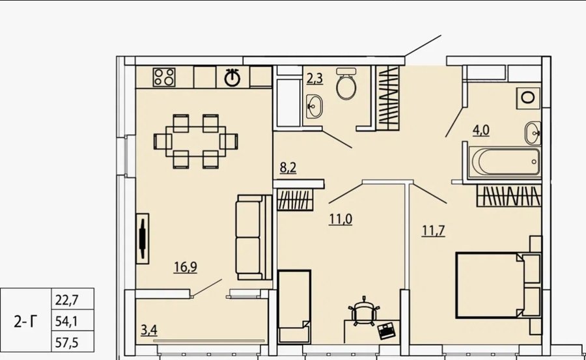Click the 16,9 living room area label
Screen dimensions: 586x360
point(186,267)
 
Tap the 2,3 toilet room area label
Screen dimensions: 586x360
point(314,79)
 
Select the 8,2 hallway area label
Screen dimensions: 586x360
point(288,168)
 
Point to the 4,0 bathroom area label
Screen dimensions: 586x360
point(481,130)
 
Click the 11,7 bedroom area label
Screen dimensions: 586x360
point(434,230)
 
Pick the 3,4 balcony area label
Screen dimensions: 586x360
point(149,330)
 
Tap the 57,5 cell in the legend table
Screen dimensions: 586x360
point(67,342)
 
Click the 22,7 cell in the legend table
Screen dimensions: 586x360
point(67,299)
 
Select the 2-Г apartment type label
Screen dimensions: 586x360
point(26,321)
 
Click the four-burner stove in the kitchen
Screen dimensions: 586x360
point(164,77)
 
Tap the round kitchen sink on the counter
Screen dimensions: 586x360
point(232,77)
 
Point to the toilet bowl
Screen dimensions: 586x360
point(346,83)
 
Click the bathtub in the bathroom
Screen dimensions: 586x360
point(504,162)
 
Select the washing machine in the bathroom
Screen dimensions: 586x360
point(528,98)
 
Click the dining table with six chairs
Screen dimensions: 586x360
point(195,141)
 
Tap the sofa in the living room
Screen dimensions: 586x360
point(254,237)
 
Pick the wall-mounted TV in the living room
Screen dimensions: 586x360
point(143,238)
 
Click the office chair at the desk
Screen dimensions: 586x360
point(364,311)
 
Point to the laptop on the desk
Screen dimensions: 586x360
point(385,331)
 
